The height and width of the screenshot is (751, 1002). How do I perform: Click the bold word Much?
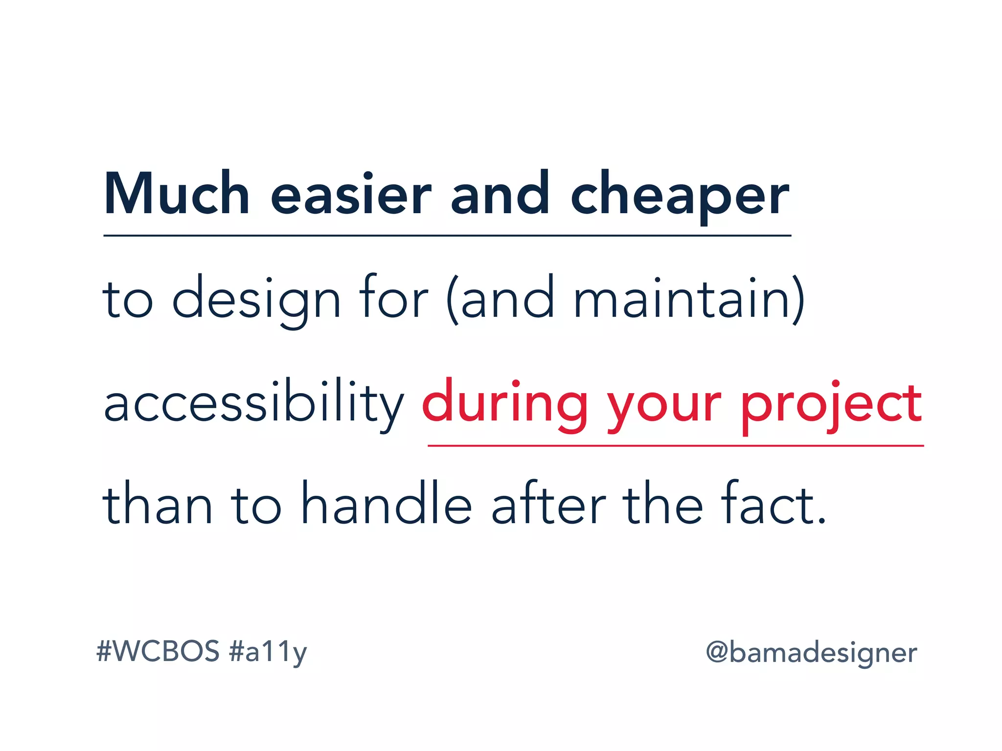click(x=177, y=194)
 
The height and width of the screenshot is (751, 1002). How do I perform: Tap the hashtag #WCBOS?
click(x=158, y=651)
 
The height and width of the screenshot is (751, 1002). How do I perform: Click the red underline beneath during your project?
click(x=675, y=446)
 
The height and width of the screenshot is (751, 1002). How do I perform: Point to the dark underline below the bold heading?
click(x=447, y=236)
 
